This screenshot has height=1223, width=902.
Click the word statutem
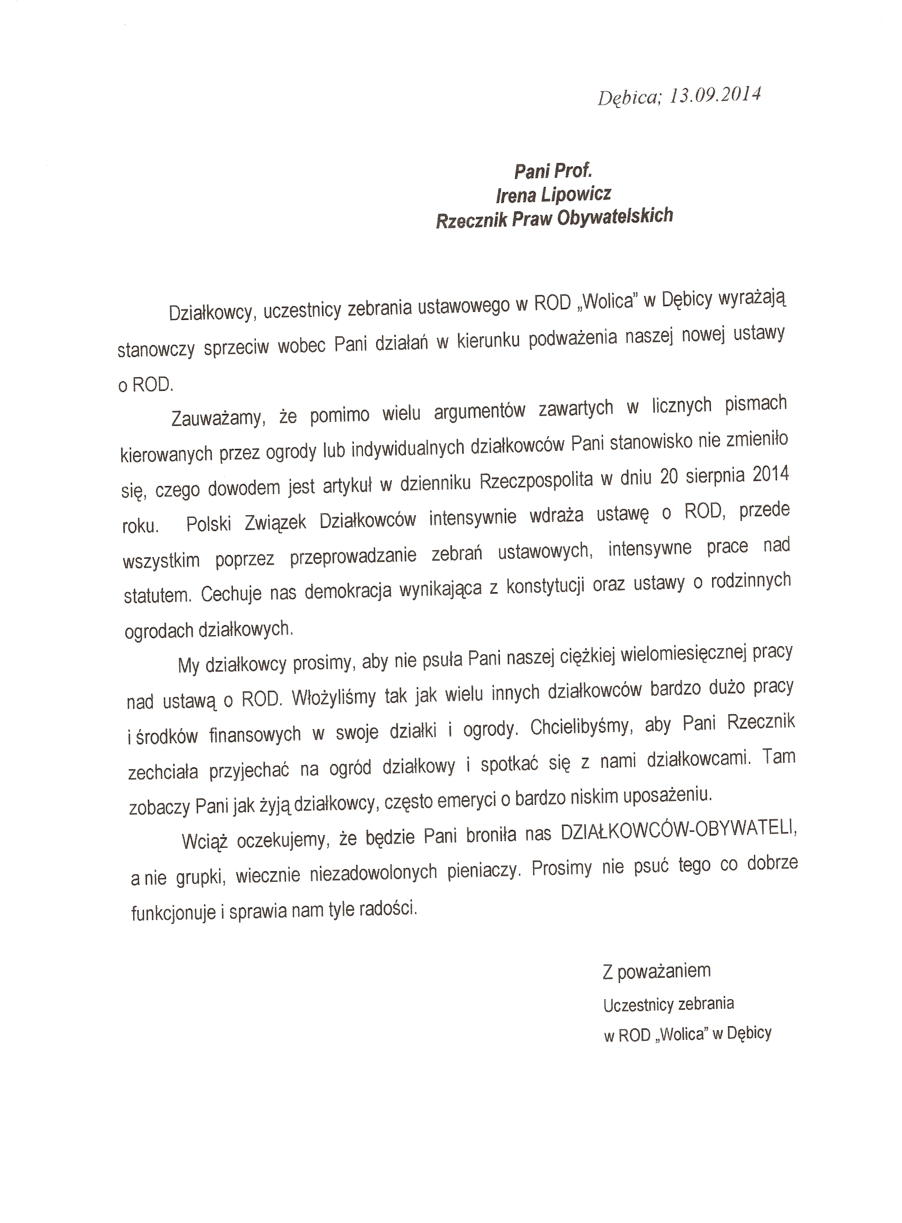[x=158, y=595]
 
